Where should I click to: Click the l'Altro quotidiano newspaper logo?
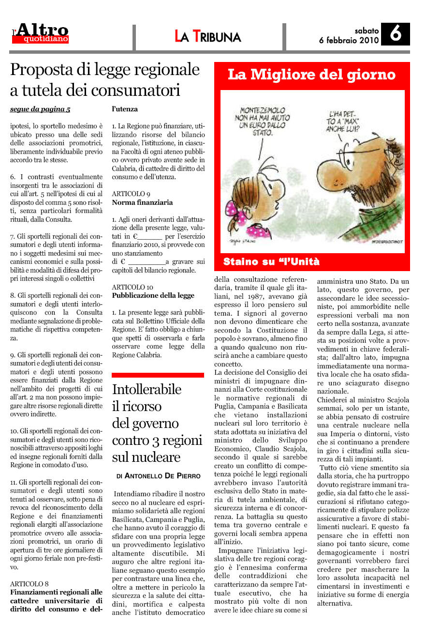coord(41,34)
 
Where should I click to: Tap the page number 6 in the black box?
coord(395,35)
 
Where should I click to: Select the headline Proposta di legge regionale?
coord(105,70)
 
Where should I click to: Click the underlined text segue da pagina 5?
coord(40,109)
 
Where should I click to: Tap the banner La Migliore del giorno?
coord(311,75)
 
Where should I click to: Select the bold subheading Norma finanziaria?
coord(142,202)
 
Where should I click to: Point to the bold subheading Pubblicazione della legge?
coord(153,295)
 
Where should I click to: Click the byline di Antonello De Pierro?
coord(158,476)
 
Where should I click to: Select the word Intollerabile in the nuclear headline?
coord(147,389)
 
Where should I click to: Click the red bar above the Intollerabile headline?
coord(158,375)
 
